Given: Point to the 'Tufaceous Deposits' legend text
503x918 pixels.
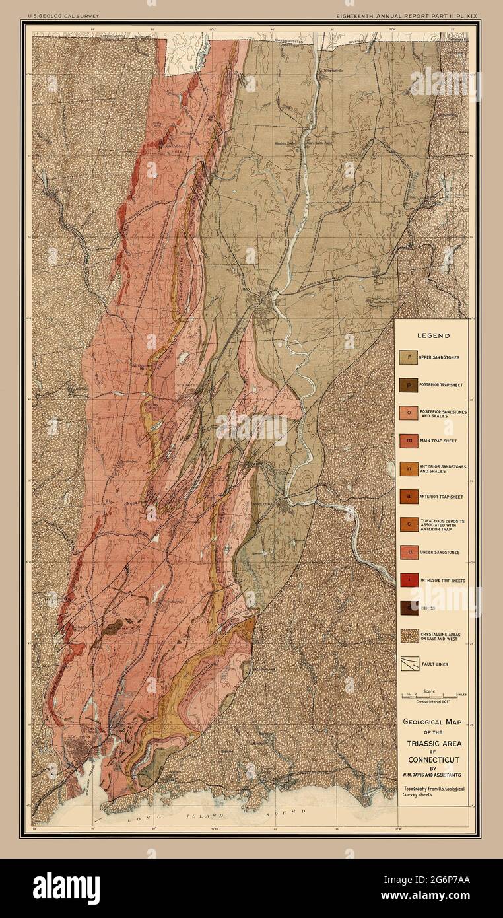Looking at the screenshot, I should (446, 524).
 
